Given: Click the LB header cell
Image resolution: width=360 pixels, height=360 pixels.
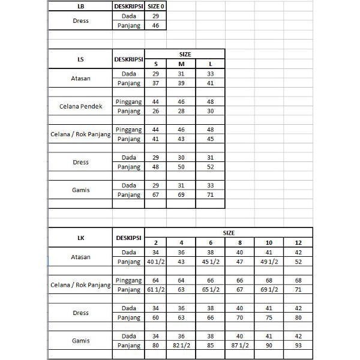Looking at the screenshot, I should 80,6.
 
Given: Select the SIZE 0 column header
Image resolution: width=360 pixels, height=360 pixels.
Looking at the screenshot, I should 156,6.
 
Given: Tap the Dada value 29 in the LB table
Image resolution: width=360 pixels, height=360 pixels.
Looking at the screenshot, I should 156,16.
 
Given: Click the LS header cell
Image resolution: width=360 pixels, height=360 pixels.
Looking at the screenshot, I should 80,59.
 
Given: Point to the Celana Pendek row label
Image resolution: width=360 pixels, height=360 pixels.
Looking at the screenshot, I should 80,106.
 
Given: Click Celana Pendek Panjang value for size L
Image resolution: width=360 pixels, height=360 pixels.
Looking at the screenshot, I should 210,111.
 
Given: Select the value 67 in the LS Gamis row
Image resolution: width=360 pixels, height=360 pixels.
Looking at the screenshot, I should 156,194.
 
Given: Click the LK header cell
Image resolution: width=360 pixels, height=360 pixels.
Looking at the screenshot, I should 80,238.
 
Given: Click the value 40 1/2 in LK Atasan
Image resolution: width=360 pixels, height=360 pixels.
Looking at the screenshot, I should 156,262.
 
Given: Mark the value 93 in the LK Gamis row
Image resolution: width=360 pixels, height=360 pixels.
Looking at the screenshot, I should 298,346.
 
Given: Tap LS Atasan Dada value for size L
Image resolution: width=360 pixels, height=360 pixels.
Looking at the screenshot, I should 210,74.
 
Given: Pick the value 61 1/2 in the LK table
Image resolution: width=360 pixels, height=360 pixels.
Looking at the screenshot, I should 156,290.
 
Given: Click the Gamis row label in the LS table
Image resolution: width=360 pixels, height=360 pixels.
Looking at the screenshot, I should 80,190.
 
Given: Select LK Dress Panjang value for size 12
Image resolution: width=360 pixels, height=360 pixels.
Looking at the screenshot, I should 298,318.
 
